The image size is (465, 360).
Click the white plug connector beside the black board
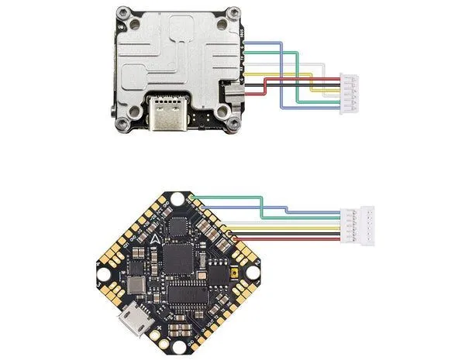(364, 224)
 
